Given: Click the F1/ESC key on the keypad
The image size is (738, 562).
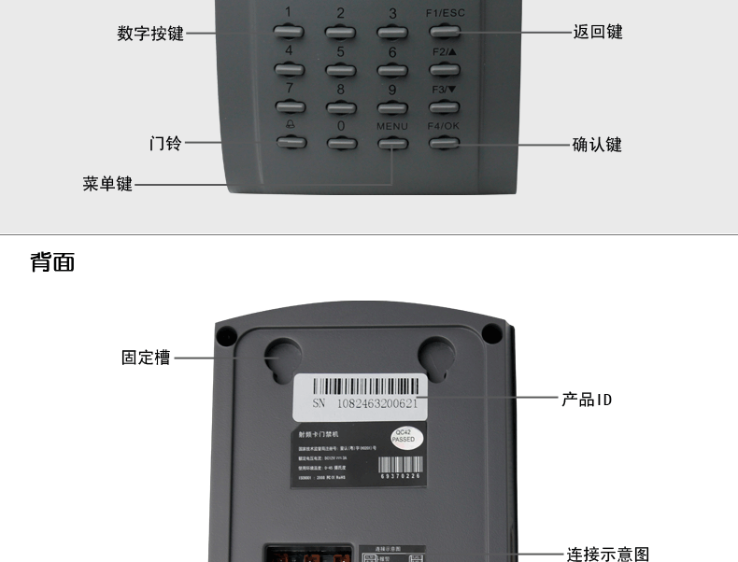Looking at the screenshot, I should [444, 31].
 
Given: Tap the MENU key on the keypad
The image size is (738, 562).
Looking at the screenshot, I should [392, 144].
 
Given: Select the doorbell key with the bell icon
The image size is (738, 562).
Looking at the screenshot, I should [290, 144].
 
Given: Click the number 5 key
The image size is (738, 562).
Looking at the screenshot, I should [340, 69].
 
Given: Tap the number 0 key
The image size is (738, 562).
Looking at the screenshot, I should [341, 144].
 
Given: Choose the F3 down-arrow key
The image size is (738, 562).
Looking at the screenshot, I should [444, 106].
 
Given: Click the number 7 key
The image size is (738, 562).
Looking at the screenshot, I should [290, 106].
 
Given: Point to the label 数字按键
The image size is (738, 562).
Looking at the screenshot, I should [150, 34].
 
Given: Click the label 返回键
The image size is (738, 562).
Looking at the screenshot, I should [597, 33].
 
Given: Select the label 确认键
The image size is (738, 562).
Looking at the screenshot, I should [597, 145].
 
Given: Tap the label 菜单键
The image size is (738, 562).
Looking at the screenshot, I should [107, 184].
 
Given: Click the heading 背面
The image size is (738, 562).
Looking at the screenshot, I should [52, 262].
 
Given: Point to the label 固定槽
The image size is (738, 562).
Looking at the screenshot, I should [146, 358].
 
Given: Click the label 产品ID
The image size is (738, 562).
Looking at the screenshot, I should [587, 400].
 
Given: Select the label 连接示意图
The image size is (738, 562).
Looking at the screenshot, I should [608, 555].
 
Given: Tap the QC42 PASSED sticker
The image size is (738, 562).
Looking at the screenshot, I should [404, 435].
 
